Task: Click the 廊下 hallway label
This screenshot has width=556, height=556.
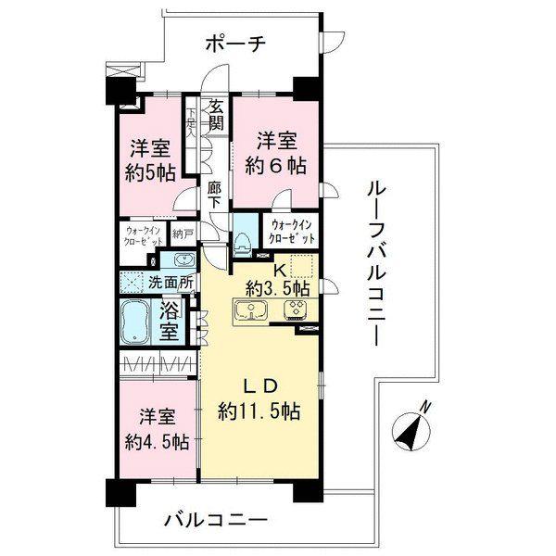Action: click(x=215, y=196)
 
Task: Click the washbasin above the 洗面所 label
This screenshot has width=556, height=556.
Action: click(x=181, y=259)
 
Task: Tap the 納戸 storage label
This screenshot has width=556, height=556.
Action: click(x=182, y=234)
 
